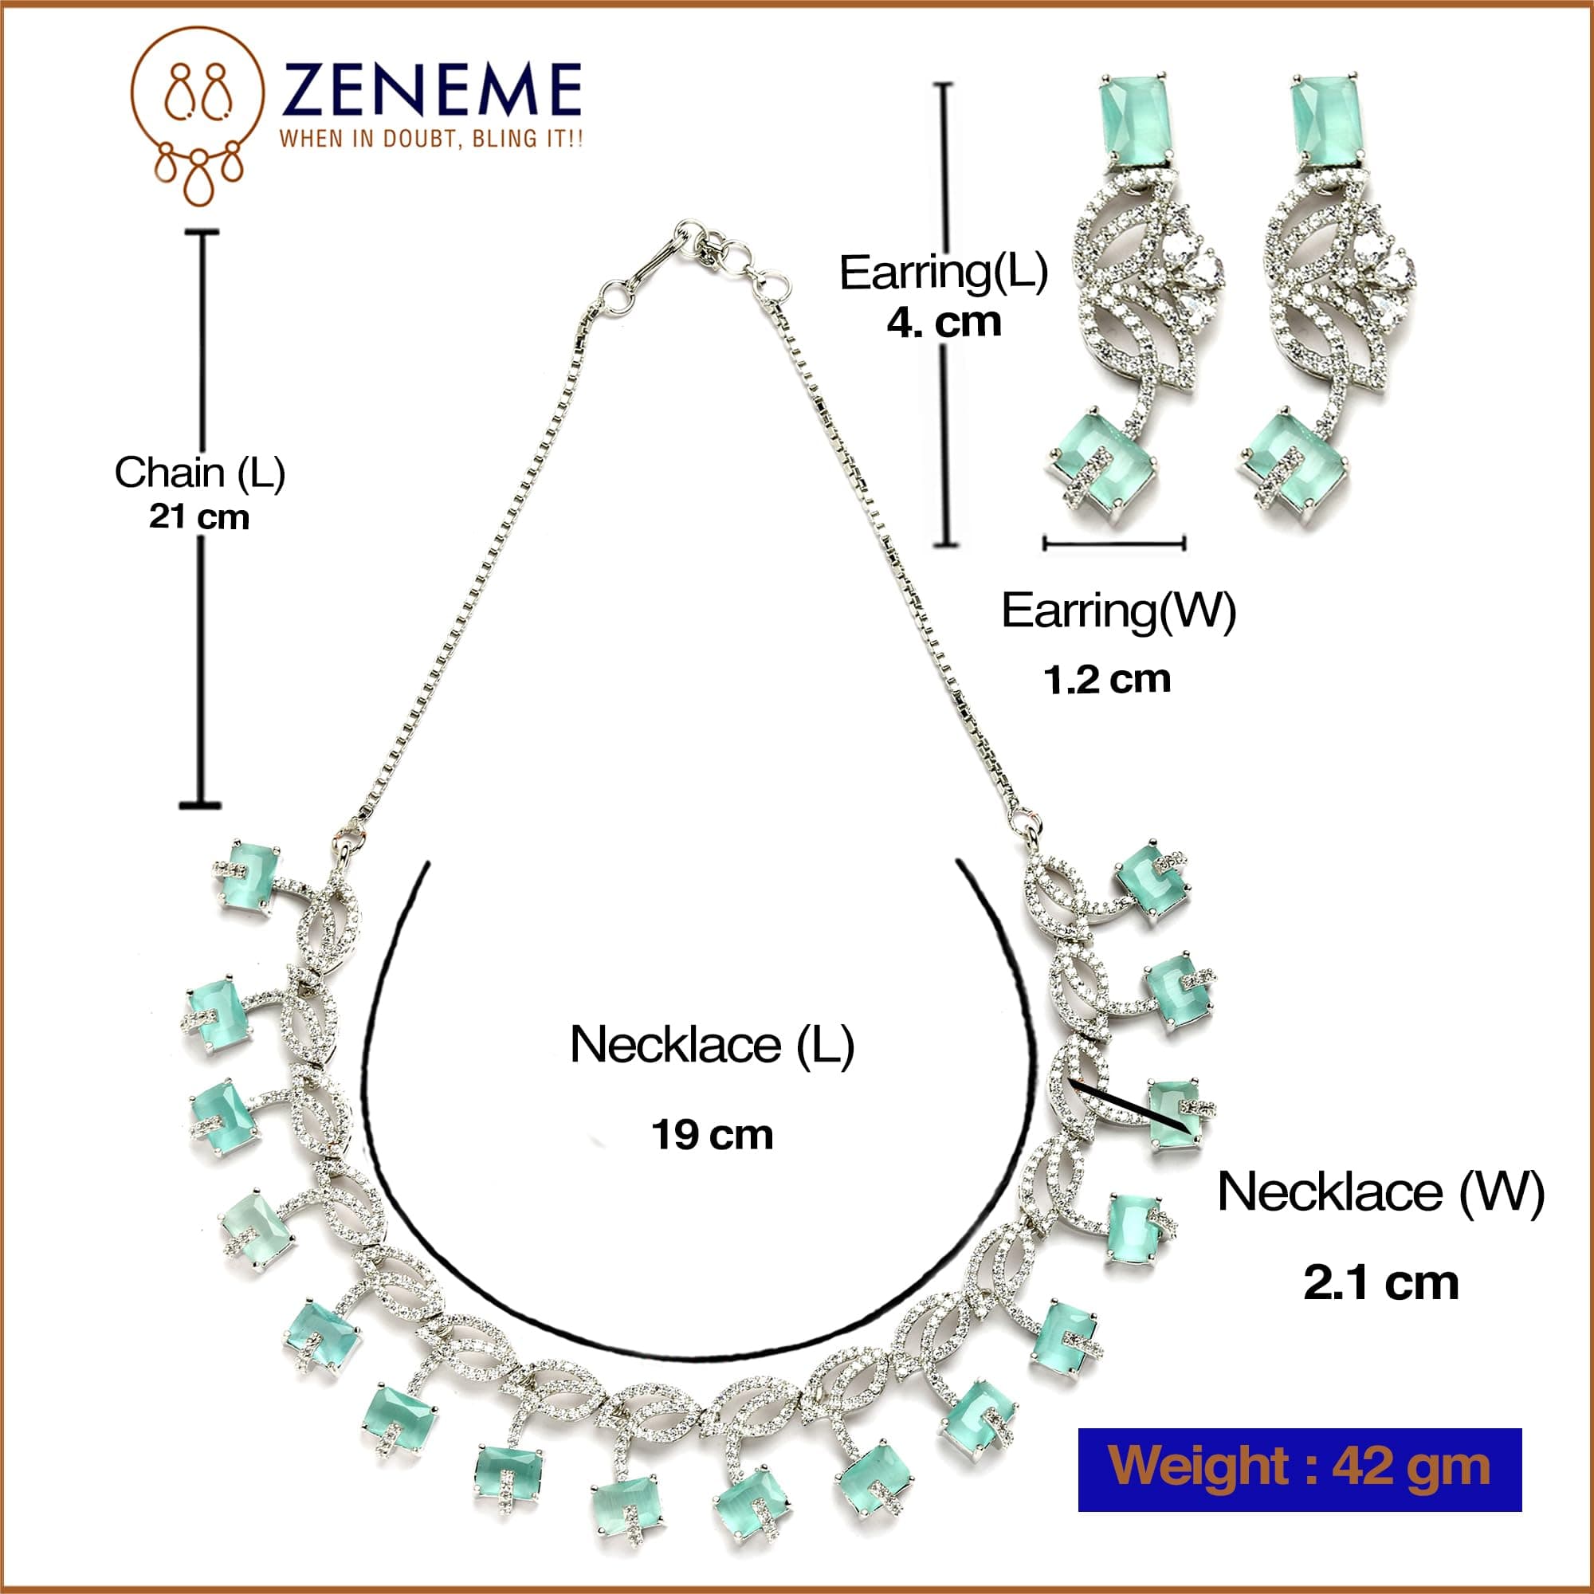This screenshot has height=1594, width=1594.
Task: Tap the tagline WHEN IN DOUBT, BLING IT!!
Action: pos(430,139)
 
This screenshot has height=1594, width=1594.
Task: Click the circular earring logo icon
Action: pos(197,116)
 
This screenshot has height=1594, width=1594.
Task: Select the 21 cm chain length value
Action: pos(198,517)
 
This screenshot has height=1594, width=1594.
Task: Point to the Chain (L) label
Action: pos(200,473)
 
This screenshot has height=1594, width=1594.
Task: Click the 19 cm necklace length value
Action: pos(712,1135)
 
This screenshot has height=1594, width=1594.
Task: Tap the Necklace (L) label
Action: pos(711,1046)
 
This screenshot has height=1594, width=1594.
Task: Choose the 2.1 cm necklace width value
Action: pos(1380,1283)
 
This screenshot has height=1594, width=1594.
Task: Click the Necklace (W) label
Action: pos(1380,1193)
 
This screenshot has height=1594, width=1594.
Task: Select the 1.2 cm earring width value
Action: pos(1106,680)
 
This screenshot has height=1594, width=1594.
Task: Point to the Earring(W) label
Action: pos(1118,611)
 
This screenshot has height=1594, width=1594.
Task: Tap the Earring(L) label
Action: pos(943,273)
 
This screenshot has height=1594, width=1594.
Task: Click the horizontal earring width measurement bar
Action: pos(1115,543)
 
